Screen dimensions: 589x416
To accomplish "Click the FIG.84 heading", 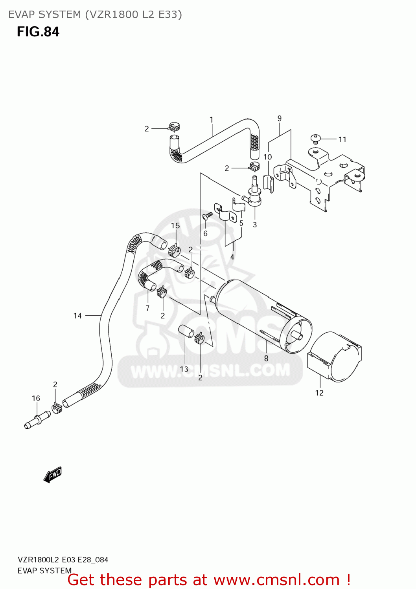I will point(38,31).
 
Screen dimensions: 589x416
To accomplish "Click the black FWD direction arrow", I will point(53,474).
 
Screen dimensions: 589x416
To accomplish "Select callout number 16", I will point(36,399).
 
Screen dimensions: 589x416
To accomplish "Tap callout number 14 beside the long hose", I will point(77,316).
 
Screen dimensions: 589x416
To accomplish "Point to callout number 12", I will point(319,393).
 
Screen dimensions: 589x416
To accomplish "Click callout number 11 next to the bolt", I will point(342,139).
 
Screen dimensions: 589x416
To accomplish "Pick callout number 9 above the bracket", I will point(280,118).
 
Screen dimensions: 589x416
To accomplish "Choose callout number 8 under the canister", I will point(266,358).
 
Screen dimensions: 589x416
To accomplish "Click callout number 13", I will point(184,369).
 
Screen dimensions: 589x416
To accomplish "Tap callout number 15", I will point(175,226).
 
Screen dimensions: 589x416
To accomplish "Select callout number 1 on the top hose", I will point(212,120).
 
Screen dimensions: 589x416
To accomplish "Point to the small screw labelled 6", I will point(207,215).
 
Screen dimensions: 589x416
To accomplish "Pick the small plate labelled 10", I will point(269,183).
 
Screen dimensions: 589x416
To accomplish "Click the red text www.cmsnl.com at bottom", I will point(276,580).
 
